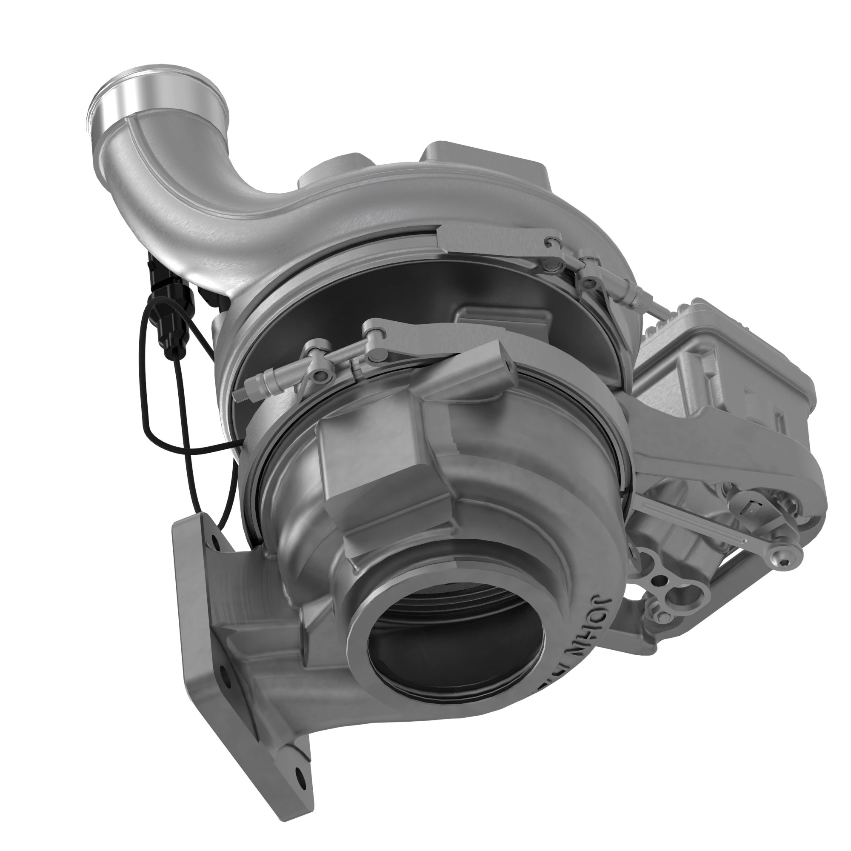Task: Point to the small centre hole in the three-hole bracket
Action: click(660, 579)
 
